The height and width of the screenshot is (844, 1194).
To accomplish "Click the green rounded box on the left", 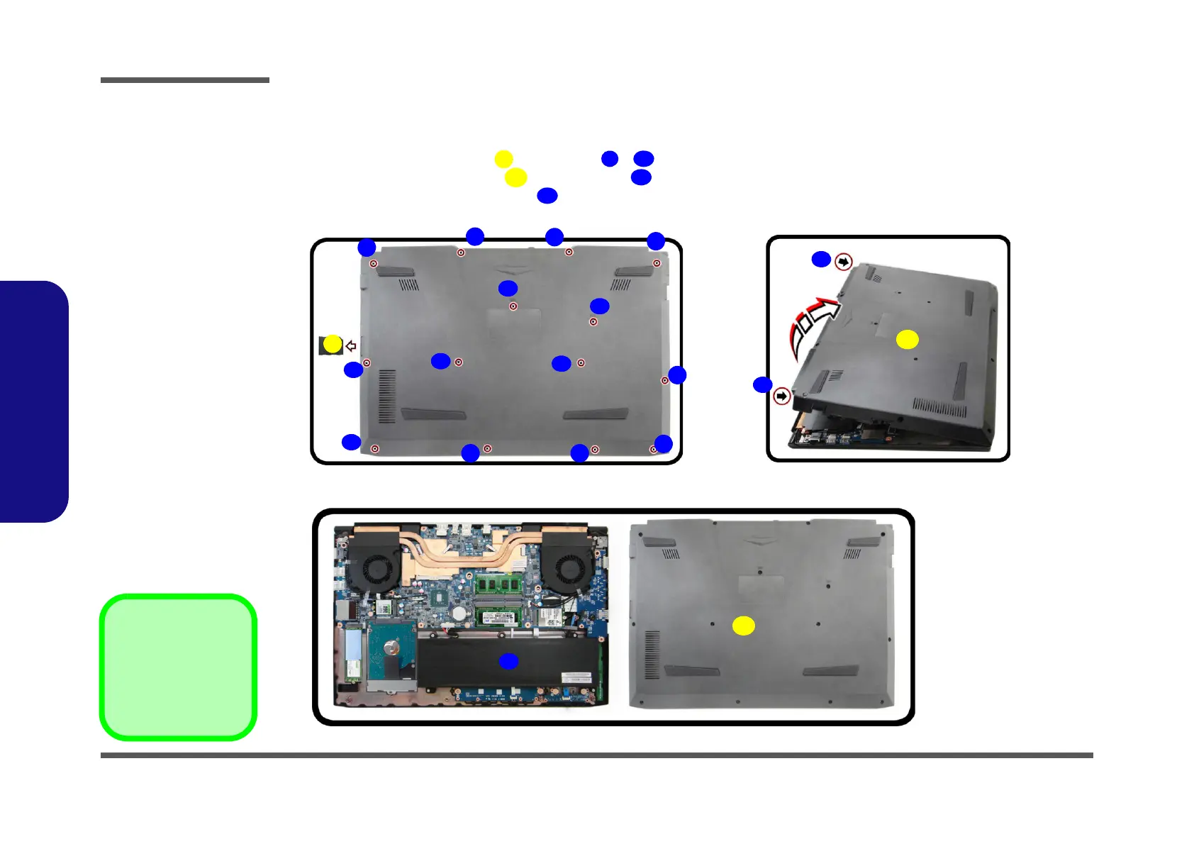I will click(x=178, y=667).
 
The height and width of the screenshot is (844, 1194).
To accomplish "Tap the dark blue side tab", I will click(x=33, y=401).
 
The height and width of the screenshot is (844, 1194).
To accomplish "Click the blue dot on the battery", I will click(x=508, y=661).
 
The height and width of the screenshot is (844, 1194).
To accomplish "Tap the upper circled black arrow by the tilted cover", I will click(x=843, y=262).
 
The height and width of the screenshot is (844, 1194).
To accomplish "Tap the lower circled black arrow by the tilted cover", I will click(x=781, y=396).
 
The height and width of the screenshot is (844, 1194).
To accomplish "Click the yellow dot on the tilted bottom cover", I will click(x=907, y=340).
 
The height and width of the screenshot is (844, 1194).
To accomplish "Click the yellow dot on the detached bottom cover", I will click(x=743, y=626).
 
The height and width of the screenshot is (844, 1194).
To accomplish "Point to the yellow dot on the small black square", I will click(x=332, y=345).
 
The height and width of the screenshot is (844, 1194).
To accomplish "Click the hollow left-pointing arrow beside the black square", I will click(x=351, y=346).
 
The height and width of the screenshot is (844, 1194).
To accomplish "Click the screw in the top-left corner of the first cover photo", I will click(x=374, y=264).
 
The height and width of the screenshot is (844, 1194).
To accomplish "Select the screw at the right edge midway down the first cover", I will click(x=664, y=380).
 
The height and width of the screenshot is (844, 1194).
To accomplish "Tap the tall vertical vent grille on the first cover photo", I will click(x=386, y=396).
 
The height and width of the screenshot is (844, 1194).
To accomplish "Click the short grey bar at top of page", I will click(x=184, y=80).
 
